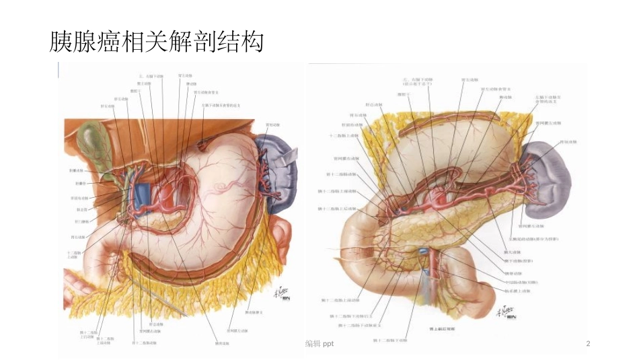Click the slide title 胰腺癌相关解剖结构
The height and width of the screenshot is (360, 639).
156,42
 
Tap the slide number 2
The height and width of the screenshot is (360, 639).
588,344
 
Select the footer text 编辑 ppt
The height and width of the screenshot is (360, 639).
319,344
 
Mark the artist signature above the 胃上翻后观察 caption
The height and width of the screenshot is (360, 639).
505,312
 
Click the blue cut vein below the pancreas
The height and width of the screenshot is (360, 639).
424,256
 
